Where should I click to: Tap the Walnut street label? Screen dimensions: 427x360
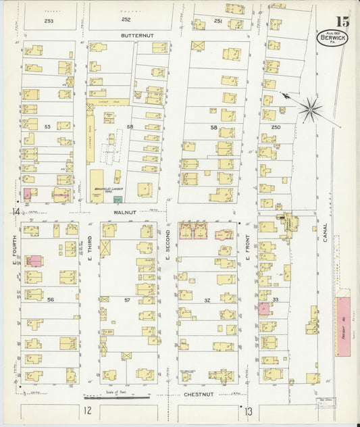125,211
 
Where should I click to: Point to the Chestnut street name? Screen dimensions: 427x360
198,393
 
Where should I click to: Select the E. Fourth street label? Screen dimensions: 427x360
14,244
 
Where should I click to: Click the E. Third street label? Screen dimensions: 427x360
90,244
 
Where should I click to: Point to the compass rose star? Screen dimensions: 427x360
311,109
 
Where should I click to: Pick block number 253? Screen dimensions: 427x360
48,21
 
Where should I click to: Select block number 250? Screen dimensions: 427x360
276,126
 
